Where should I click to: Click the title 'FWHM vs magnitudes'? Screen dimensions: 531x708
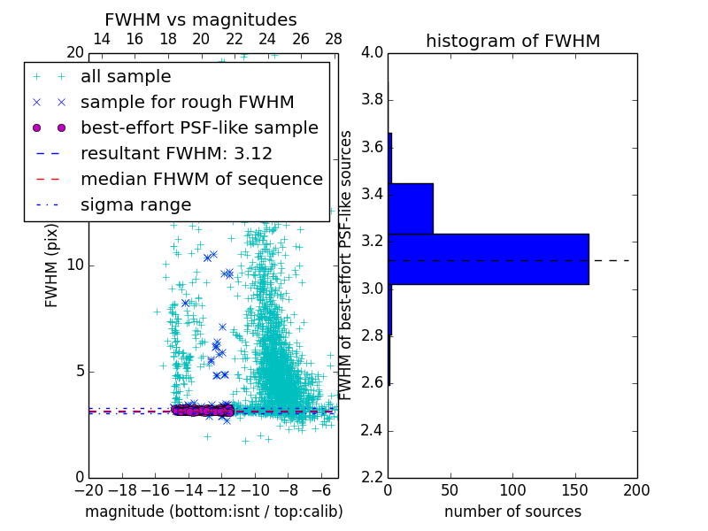coord(201,20)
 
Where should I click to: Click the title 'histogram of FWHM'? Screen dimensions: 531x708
coord(512,41)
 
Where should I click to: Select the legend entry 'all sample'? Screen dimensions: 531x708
coord(126,77)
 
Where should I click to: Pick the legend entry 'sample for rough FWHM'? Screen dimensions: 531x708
coord(187,102)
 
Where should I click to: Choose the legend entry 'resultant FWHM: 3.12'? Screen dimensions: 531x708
coord(176,153)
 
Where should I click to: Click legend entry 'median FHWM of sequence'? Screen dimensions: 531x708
coord(201,179)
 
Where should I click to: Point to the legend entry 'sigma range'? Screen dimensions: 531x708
coord(135,204)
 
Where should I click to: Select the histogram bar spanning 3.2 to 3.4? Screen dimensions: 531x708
coord(411,208)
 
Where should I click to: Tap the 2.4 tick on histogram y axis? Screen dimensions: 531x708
coord(372,431)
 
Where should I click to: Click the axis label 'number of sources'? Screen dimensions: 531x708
coord(512,512)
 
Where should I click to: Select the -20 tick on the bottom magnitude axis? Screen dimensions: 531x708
coord(88,489)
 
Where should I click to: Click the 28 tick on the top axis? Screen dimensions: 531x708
coord(334,39)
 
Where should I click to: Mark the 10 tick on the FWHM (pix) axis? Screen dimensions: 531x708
coord(76,265)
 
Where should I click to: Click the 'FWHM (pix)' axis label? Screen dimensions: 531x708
coord(52,265)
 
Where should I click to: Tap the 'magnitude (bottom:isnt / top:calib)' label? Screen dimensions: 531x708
coord(213,512)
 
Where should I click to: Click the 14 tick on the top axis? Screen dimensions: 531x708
coord(102,39)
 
